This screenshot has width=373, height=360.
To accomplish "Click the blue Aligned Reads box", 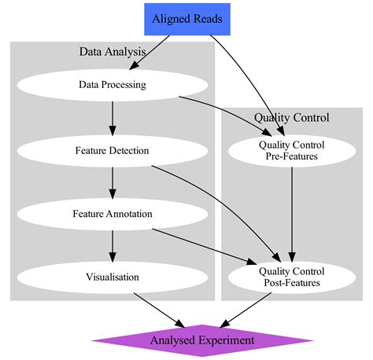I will pos(187,18).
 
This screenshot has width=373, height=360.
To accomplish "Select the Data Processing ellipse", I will pos(113,85).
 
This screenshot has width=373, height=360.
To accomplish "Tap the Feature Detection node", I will pos(113,149).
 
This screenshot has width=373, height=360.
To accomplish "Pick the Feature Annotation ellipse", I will pos(113,213).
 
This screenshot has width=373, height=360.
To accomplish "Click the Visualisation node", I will pos(113,277).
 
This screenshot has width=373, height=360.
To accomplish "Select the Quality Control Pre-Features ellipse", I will pos(291,149).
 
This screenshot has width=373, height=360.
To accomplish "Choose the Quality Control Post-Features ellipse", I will pos(291,277).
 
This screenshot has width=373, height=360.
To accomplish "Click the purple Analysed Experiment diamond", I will pos(202,340).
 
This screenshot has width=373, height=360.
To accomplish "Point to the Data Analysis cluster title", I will pos(113,52).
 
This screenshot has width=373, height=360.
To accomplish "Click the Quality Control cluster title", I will pos(291,117).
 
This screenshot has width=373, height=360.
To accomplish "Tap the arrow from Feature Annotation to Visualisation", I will pos(113,244).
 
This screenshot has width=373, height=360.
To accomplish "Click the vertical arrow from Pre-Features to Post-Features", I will pos(292,212).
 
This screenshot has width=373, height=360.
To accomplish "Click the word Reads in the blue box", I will pos(208,18).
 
